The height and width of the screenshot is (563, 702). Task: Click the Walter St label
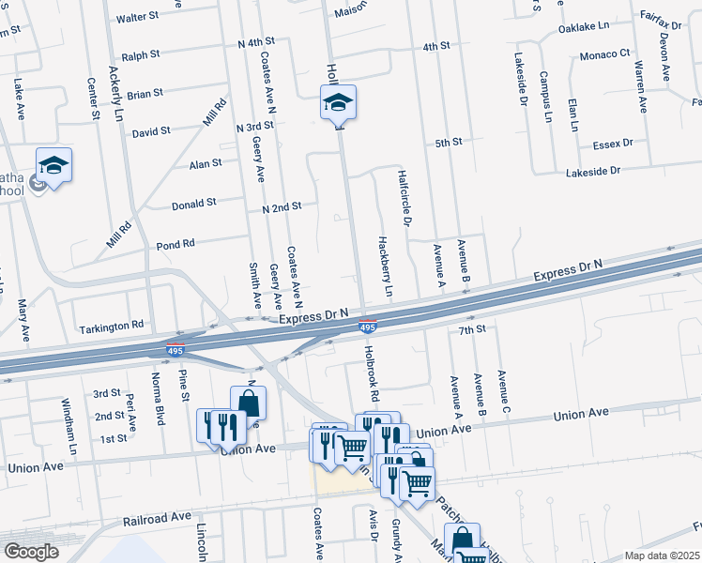136,18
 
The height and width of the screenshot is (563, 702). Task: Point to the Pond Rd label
175,243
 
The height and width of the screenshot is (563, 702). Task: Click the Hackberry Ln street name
384,266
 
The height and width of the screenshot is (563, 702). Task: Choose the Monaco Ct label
603,54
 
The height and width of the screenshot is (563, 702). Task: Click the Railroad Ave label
157,517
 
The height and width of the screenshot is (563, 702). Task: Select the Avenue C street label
504,394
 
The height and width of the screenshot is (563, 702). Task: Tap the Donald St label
194,203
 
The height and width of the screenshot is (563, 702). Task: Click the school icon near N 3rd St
338,103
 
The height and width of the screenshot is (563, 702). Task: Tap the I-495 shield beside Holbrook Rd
369,327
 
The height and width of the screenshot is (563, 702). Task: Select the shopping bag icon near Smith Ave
249,403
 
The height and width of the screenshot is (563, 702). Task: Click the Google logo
31,552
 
